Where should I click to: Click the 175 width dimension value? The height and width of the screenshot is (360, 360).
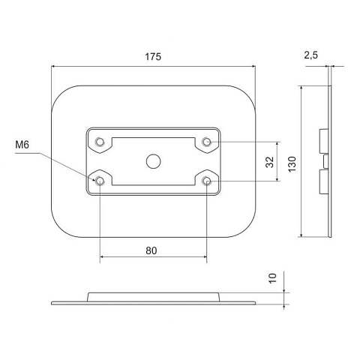click(x=153, y=57)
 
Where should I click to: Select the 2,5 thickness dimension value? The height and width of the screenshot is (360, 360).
click(x=311, y=55)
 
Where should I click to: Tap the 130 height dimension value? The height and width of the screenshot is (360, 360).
click(x=292, y=164)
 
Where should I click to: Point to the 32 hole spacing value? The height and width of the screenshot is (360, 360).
click(x=270, y=162)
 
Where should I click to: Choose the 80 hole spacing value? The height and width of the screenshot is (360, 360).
click(x=151, y=250)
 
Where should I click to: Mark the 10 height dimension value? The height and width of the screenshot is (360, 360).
click(x=273, y=278)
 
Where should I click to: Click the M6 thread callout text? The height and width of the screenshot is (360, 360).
click(x=22, y=145)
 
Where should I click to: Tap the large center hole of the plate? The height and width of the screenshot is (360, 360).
click(x=153, y=161)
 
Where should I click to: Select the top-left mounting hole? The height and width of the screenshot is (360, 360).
click(x=100, y=142)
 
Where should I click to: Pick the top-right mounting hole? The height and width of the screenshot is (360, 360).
click(x=206, y=142)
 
